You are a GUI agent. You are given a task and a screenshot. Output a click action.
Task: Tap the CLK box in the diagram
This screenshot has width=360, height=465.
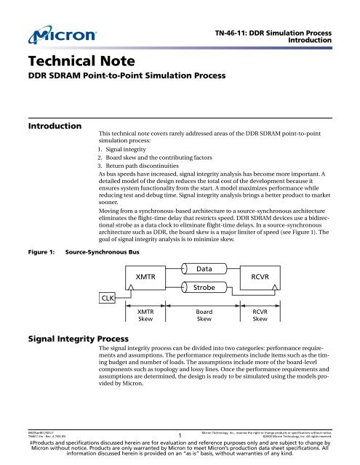click(107, 297)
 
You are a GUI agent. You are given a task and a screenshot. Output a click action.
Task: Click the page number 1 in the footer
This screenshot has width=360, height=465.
click(179, 436)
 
